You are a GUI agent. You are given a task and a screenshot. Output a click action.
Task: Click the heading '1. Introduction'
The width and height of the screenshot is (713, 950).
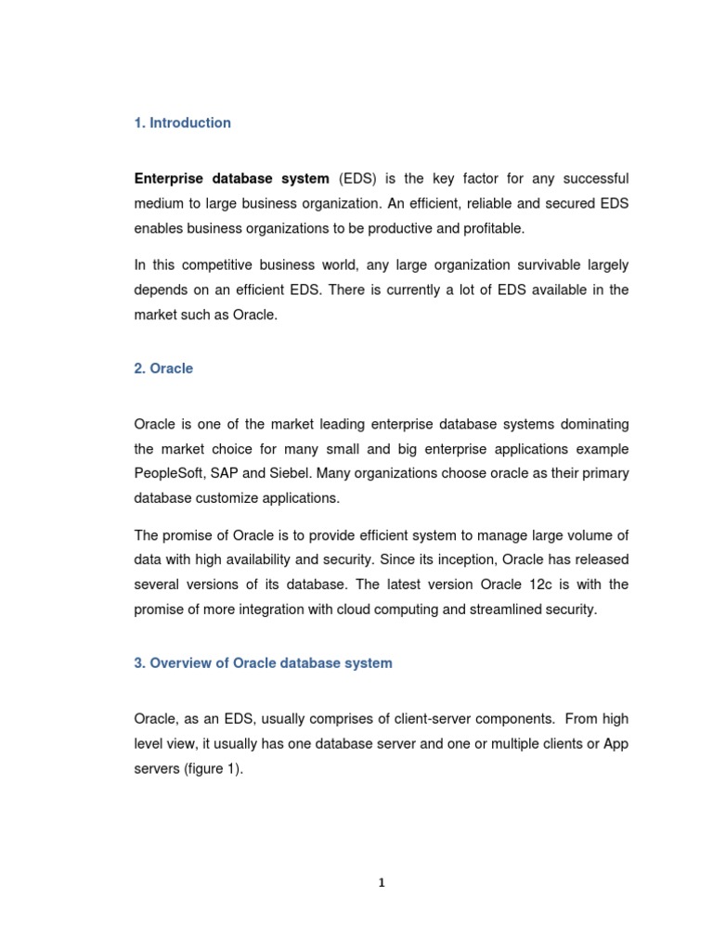[x=183, y=122]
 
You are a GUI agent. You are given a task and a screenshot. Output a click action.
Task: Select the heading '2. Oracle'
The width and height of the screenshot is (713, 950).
[x=163, y=368]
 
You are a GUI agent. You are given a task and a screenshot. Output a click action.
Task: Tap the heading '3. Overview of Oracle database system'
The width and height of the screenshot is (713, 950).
[x=263, y=663]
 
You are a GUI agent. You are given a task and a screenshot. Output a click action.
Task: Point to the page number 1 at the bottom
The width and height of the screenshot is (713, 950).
[x=382, y=883]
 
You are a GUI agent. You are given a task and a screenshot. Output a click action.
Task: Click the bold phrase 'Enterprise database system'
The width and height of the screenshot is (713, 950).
[x=231, y=178]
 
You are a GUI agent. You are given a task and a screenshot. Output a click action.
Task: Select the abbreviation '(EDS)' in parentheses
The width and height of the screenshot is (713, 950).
[x=357, y=178]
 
